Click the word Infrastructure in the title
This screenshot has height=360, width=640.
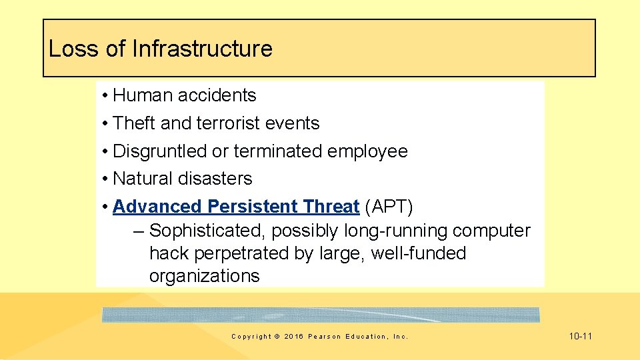pos(202,49)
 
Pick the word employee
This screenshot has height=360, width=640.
pos(367,151)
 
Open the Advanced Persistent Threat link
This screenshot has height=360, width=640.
pos(236,207)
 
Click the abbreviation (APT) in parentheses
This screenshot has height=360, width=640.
pos(389,207)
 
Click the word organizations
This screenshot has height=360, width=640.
pos(204,276)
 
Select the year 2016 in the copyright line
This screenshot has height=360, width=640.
pos(293,337)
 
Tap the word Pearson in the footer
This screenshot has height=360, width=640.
pos(323,337)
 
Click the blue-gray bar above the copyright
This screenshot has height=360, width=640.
pos(321,315)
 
